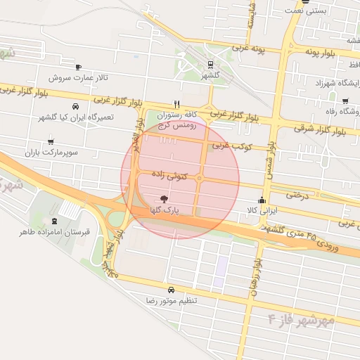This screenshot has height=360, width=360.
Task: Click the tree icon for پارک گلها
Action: tap(164, 200)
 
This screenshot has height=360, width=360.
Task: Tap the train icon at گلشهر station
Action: tap(210, 64)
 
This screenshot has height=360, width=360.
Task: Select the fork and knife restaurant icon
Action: tap(176, 103)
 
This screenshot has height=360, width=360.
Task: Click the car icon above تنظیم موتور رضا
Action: tap(171, 290)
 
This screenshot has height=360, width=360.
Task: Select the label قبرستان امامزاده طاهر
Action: tap(46, 231)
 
